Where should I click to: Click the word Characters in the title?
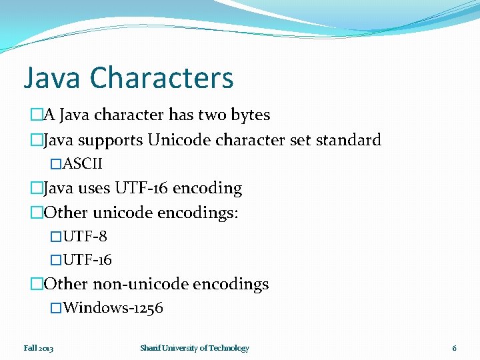(x=162, y=77)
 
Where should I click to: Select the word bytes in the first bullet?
(x=250, y=115)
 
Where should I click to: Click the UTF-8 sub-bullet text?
(x=85, y=237)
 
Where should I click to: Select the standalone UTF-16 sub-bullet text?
(x=87, y=260)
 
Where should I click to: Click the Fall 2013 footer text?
(x=39, y=348)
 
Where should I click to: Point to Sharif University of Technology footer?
(x=195, y=348)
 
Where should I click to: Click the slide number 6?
(x=454, y=348)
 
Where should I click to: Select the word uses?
(x=95, y=188)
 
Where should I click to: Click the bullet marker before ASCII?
(x=56, y=164)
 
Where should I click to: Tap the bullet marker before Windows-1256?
(x=56, y=308)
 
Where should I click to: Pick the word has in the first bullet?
(x=181, y=115)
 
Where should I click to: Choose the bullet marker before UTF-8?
(x=56, y=237)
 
